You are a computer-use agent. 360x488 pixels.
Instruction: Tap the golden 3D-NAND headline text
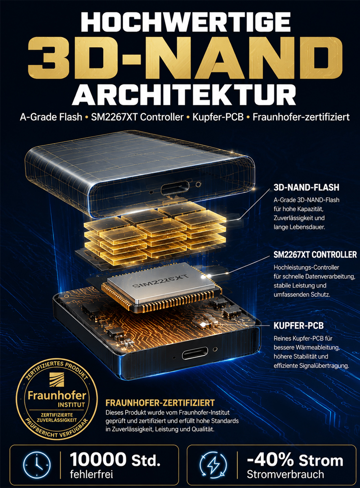click(185, 58)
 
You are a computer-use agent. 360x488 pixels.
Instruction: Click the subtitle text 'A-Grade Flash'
click(51, 117)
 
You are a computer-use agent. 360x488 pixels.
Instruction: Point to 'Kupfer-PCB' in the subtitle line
click(218, 117)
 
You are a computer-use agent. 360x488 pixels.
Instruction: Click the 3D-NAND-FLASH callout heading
click(306, 187)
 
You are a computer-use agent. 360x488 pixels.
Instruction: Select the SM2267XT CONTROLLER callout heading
click(315, 255)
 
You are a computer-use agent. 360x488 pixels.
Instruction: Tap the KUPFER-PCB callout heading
click(299, 326)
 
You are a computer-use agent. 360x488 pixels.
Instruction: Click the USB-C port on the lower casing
click(195, 353)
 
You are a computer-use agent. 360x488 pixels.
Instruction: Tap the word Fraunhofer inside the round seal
click(57, 396)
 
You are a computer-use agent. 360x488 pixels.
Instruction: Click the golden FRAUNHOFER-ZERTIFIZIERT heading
click(160, 403)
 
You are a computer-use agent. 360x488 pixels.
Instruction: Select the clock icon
click(36, 465)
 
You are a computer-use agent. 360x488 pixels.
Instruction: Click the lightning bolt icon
click(213, 465)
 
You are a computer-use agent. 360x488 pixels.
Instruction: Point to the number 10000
click(98, 459)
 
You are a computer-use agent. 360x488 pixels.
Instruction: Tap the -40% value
click(270, 459)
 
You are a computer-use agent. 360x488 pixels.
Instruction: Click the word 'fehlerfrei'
click(91, 475)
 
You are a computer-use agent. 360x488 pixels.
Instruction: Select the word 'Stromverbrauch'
click(285, 475)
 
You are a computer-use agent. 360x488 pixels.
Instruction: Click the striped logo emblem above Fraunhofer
click(57, 380)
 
